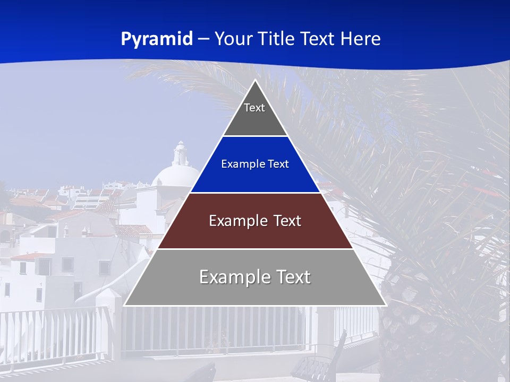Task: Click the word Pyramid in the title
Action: (157, 39)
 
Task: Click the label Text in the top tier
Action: (254, 108)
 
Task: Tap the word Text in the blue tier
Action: (278, 164)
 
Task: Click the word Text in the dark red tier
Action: (287, 221)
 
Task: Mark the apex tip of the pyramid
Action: (255, 81)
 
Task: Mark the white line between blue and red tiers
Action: (255, 193)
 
